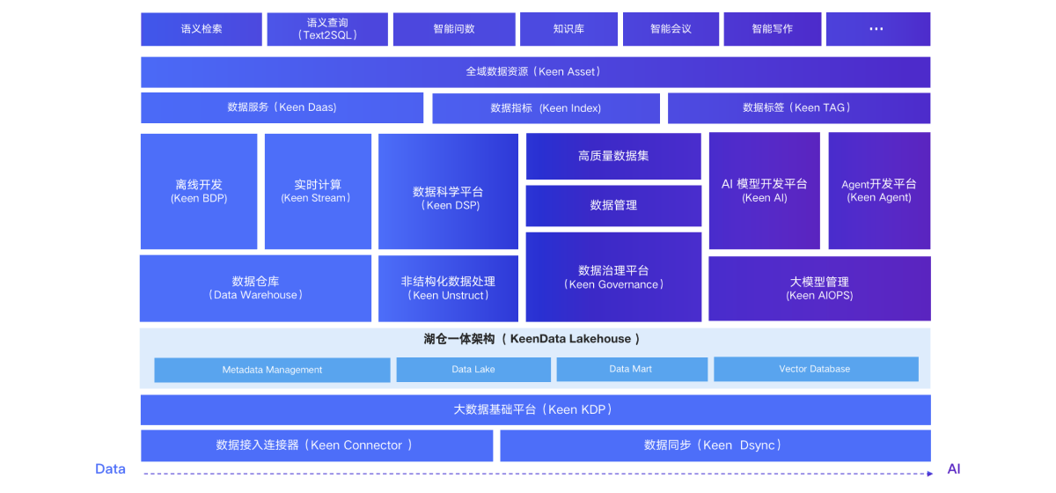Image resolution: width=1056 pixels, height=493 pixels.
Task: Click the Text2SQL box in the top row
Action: [327, 29]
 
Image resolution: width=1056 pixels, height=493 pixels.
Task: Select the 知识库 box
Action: [568, 29]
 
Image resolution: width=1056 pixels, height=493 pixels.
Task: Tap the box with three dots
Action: [876, 29]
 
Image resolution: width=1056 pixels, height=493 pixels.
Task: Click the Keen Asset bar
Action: [535, 72]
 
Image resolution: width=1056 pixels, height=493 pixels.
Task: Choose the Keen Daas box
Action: [282, 107]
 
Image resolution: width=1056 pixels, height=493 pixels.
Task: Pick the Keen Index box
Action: [546, 108]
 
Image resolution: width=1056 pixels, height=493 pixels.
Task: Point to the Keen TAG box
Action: [798, 108]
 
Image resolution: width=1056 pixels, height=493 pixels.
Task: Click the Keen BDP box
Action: [199, 191]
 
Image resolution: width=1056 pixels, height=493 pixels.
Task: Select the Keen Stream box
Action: [318, 191]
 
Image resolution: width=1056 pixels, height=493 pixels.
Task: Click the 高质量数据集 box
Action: [613, 156]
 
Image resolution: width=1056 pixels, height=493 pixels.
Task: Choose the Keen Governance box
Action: [613, 277]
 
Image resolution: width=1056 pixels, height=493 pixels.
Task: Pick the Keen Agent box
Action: [879, 191]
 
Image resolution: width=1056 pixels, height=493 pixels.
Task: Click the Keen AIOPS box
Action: [819, 289]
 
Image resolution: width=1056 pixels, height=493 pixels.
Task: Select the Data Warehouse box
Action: [255, 288]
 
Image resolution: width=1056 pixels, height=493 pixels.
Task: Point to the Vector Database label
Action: [814, 369]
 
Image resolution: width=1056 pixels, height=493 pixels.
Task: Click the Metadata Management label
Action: [272, 370]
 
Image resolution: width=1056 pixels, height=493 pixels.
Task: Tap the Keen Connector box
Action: [317, 445]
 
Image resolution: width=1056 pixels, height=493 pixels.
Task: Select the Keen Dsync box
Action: [715, 445]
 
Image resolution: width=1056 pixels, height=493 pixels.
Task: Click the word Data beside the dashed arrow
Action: [111, 469]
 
